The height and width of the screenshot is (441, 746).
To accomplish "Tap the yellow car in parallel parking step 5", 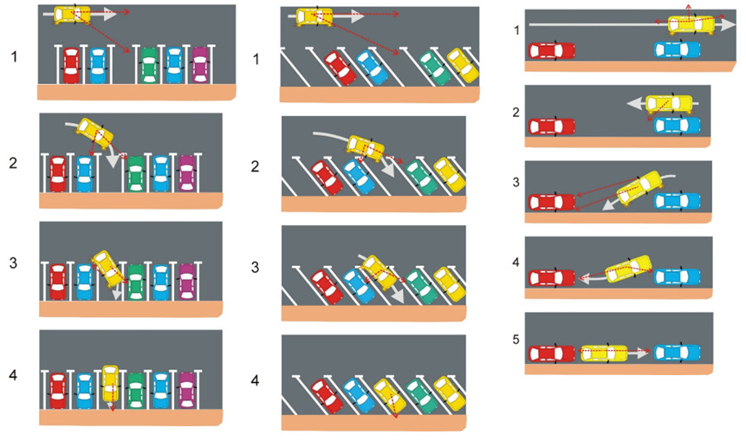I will click(604, 353).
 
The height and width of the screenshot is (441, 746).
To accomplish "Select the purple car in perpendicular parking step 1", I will click(200, 62).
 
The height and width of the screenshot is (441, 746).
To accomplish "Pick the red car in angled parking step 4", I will click(323, 396).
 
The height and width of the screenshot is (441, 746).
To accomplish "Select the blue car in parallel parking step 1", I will click(678, 51).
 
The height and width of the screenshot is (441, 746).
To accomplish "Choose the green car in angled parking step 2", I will click(421, 177).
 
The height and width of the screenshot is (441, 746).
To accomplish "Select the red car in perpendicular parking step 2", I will click(58, 173).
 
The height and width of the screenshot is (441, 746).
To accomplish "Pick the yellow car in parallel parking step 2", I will click(668, 105).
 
